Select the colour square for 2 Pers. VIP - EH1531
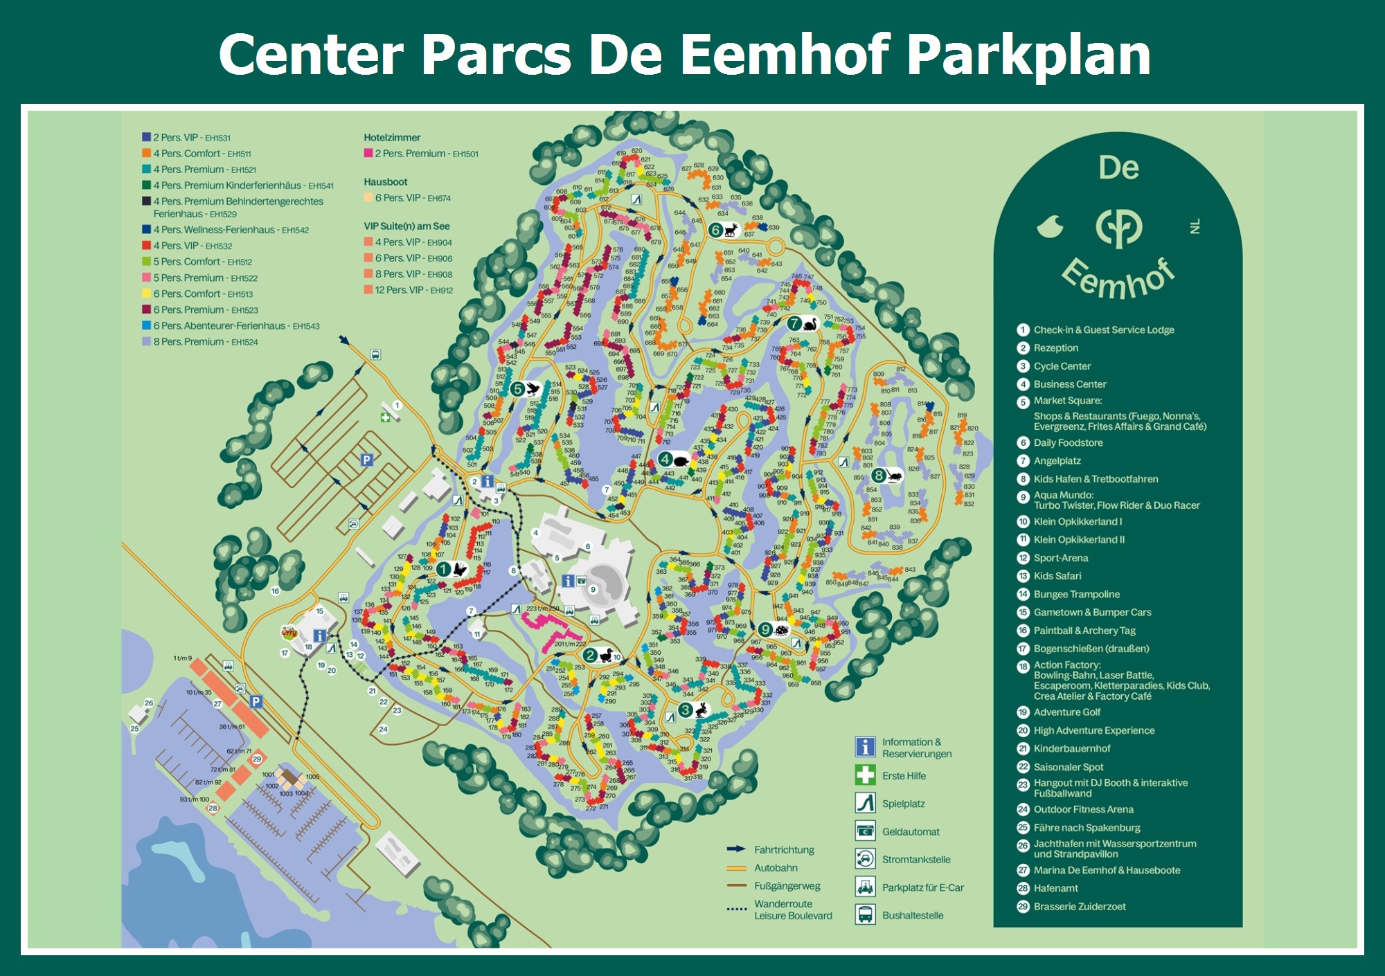146,137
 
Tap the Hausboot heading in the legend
386,182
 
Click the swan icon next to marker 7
810,323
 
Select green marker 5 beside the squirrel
517,389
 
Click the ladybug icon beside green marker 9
782,630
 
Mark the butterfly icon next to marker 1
460,570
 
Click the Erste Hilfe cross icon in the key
865,775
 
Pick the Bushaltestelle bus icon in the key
865,914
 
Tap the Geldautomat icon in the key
865,831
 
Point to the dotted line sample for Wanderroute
737,909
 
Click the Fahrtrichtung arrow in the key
736,849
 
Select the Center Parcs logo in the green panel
1118,228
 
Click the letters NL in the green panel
1195,226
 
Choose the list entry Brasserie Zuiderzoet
1080,906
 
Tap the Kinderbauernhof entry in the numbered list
1072,748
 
